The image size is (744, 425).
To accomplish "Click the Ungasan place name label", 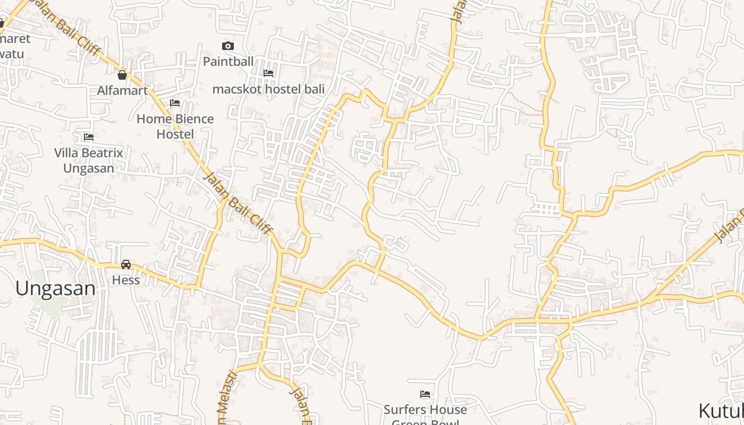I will pos(55,288).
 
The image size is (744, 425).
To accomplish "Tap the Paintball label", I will pos(228,61).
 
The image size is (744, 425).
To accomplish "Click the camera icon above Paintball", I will pos(228,46).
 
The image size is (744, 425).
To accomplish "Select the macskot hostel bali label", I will pos(268,89).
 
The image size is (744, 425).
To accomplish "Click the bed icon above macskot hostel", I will pos(268,73).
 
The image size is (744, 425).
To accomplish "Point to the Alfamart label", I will pos(122,90).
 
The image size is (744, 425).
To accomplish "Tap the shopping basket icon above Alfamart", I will pos(122,75).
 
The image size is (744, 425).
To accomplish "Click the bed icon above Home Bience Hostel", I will pos(175,103).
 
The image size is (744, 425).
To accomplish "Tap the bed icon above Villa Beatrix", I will pos(88,137).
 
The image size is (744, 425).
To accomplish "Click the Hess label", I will pos(126,279).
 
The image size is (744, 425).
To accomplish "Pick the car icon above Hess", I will pos(126,264).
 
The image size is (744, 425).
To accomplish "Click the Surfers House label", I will pos(425,410).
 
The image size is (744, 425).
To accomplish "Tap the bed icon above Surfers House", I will pos(425,394).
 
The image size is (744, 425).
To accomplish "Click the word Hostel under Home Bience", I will pos(175,134).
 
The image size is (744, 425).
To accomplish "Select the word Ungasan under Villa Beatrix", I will pos(88,168).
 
